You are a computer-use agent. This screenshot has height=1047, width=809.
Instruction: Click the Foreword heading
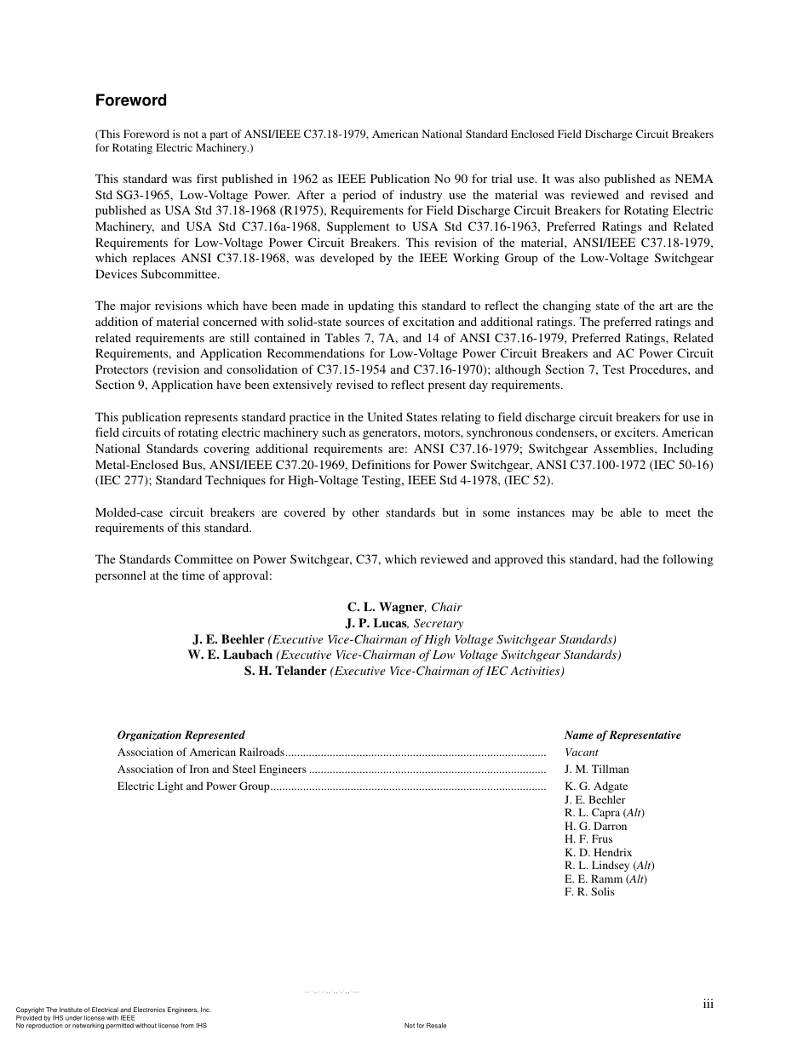point(130,100)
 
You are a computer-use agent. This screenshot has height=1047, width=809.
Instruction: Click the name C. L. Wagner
point(385,607)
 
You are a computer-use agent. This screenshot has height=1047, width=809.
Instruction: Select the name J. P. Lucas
point(376,623)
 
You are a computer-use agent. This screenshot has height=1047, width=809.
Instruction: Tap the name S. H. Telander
point(285,671)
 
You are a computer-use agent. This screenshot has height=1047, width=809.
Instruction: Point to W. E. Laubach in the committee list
point(230,655)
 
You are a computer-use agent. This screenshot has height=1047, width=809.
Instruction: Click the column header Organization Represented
point(181,735)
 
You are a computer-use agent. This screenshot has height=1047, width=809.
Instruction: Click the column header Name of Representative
point(622,735)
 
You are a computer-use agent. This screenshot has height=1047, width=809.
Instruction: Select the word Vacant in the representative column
point(581,752)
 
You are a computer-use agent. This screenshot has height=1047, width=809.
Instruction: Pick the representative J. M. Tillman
point(596,770)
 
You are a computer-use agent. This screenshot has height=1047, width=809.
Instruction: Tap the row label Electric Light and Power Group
point(193,787)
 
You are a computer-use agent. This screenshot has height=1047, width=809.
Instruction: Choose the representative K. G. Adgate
point(595,787)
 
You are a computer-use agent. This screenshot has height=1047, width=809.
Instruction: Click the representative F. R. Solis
point(588,892)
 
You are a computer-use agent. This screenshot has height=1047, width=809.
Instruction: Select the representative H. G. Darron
point(595,827)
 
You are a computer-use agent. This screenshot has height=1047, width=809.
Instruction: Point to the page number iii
point(708,1004)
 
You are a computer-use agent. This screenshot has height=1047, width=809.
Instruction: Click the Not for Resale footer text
point(425,1026)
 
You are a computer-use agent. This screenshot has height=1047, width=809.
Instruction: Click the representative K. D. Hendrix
point(598,853)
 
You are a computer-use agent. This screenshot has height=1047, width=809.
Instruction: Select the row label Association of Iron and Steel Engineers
point(211,770)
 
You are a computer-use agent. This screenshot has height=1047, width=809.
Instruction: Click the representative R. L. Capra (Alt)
point(604,813)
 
